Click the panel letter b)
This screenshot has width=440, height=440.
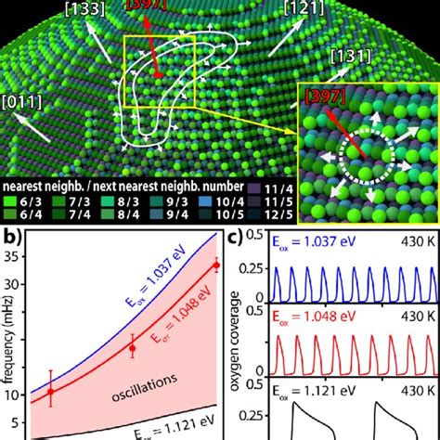click(x=13, y=243)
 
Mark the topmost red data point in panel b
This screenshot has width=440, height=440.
click(x=216, y=265)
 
